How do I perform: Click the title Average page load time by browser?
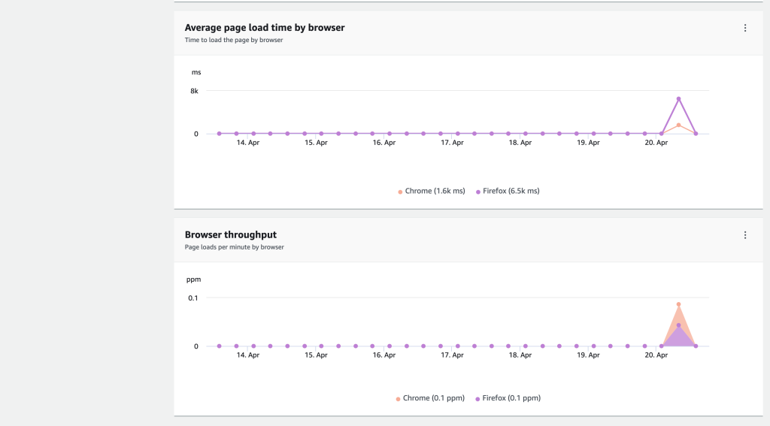tap(265, 28)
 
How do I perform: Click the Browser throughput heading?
tap(231, 234)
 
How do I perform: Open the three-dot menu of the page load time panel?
tap(744, 29)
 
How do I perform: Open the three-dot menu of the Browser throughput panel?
tap(744, 235)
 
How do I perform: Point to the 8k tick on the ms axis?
tap(194, 91)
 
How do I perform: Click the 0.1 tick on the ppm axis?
tap(193, 298)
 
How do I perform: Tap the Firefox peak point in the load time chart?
tap(678, 99)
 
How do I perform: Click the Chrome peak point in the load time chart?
tap(678, 125)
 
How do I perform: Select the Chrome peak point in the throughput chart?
tap(678, 305)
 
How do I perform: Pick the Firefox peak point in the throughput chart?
tap(678, 325)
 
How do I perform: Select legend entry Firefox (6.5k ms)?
tap(508, 192)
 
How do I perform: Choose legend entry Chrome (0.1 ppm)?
tap(431, 398)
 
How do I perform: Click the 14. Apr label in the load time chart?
tap(248, 143)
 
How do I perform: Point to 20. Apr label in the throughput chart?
tap(656, 355)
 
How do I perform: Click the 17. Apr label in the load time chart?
tap(452, 143)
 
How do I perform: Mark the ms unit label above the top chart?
tap(196, 73)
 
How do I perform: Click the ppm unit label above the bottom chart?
tap(194, 279)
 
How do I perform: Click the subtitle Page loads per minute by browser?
tap(234, 247)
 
